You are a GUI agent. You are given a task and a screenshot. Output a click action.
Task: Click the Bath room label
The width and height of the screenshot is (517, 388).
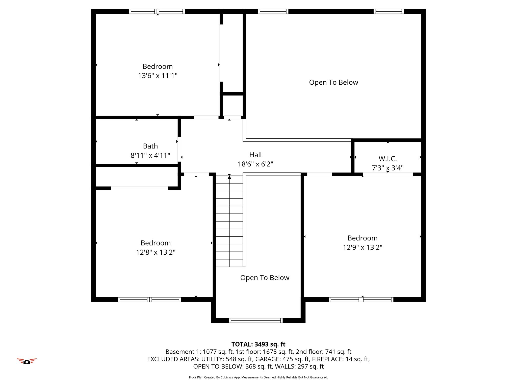[x=150, y=146]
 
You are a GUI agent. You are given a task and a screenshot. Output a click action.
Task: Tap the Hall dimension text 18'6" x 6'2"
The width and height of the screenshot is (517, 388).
[x=255, y=164]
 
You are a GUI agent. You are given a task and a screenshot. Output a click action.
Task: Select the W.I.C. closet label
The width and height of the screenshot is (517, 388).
[x=388, y=159]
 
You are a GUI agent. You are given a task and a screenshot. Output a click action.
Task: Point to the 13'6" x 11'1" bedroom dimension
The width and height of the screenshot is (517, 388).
[x=158, y=76]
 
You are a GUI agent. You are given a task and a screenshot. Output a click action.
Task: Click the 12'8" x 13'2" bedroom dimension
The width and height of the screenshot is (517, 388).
[x=156, y=252]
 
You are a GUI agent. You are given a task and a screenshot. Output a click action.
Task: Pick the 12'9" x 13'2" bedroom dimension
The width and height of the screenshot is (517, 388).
[x=363, y=247]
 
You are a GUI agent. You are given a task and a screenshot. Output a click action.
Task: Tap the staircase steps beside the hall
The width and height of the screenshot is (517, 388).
[x=229, y=221]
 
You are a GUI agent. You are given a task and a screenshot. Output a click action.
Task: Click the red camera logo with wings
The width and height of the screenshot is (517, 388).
[x=27, y=361]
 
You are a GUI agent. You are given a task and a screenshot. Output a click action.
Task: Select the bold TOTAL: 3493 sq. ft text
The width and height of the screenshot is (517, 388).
[x=258, y=344]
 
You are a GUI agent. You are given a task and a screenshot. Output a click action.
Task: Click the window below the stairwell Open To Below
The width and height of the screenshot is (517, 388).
[x=256, y=320]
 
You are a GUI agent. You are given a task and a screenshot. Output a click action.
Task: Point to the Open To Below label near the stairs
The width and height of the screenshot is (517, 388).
[x=265, y=278]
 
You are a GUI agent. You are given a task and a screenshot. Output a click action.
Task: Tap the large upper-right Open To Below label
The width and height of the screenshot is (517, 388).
[x=333, y=82]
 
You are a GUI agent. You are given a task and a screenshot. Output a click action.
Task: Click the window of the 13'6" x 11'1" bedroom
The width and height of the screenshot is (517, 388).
[x=157, y=11]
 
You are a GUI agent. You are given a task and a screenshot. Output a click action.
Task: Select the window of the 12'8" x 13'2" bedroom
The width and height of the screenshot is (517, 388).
[x=149, y=300]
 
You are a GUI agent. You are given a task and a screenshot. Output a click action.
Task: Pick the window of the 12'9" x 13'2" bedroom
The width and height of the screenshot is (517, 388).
[x=361, y=300]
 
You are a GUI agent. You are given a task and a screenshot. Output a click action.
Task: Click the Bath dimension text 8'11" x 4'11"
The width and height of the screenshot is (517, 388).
[x=150, y=155]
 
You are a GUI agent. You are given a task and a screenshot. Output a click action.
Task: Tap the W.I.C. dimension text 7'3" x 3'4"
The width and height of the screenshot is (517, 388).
[x=388, y=168]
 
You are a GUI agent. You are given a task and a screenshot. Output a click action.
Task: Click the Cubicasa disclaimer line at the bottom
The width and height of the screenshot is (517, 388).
[x=258, y=377]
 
